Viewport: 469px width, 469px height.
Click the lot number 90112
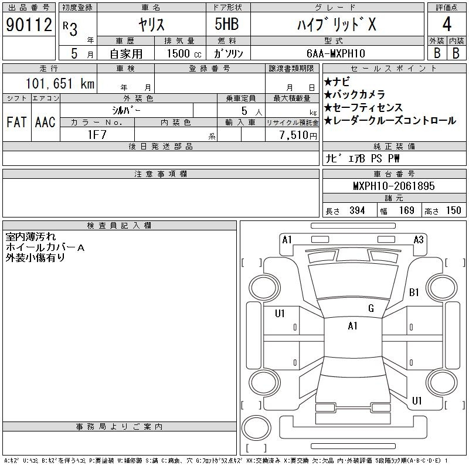tap(29, 24)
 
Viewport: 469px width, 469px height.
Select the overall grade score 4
tap(447, 24)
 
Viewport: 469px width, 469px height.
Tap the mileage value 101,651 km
tap(60, 83)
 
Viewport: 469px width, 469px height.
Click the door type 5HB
tap(227, 24)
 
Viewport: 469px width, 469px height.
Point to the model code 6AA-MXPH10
tap(336, 53)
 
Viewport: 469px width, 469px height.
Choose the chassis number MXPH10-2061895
tap(394, 186)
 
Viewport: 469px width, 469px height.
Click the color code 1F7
tap(97, 135)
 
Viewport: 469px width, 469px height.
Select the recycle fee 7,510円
tap(298, 135)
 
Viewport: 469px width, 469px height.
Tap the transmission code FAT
tap(16, 122)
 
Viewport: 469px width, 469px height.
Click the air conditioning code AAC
tap(45, 122)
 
